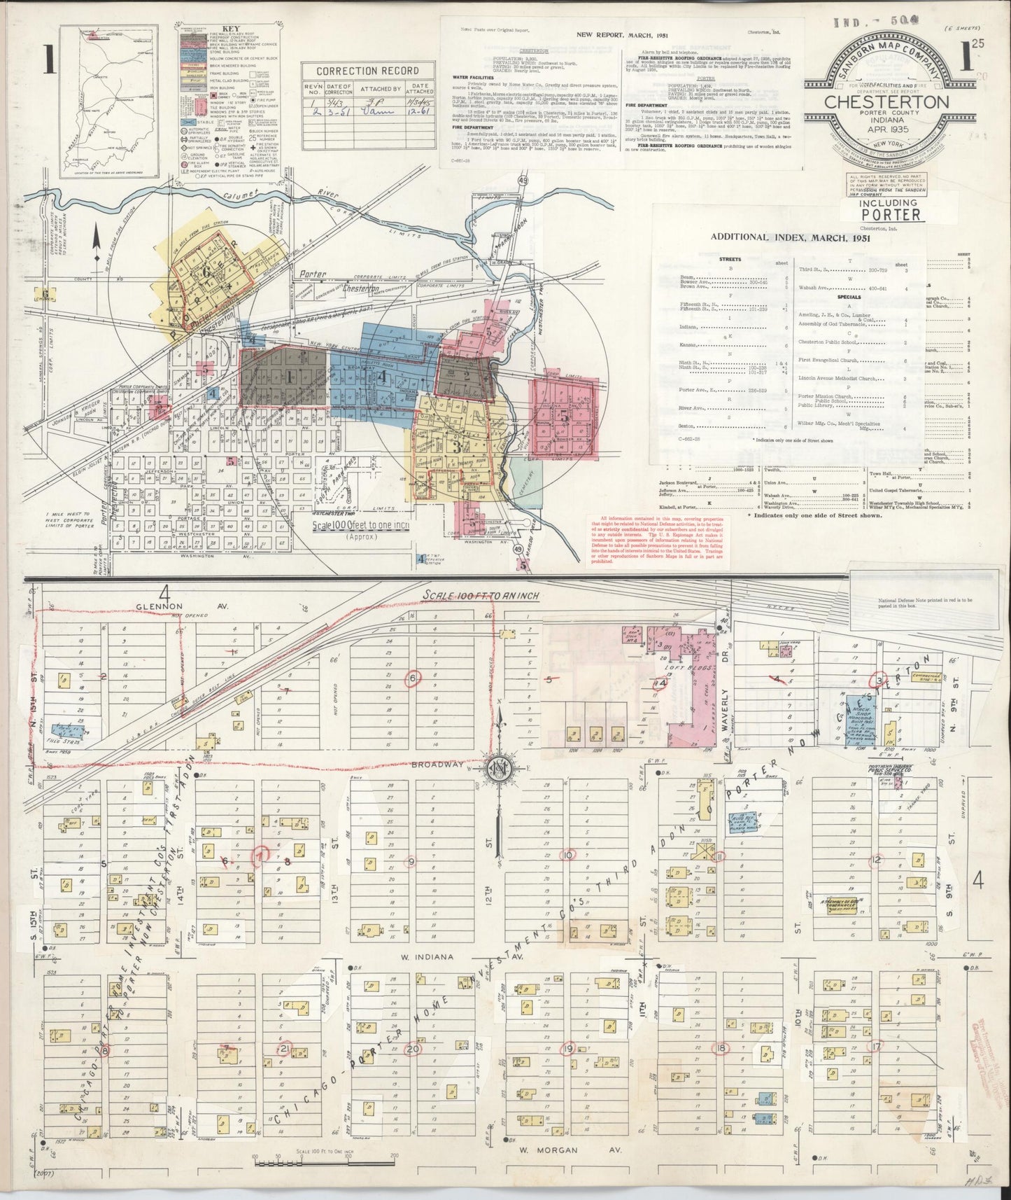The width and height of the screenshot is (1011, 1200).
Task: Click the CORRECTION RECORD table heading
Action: (367, 71)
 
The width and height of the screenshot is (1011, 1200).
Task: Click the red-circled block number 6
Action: (413, 678)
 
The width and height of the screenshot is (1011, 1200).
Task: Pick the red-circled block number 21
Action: (285, 1048)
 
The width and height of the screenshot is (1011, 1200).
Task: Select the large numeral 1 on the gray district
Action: (288, 376)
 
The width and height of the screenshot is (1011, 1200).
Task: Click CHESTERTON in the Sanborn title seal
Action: (887, 101)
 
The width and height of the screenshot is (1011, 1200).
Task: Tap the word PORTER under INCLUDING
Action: (890, 214)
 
